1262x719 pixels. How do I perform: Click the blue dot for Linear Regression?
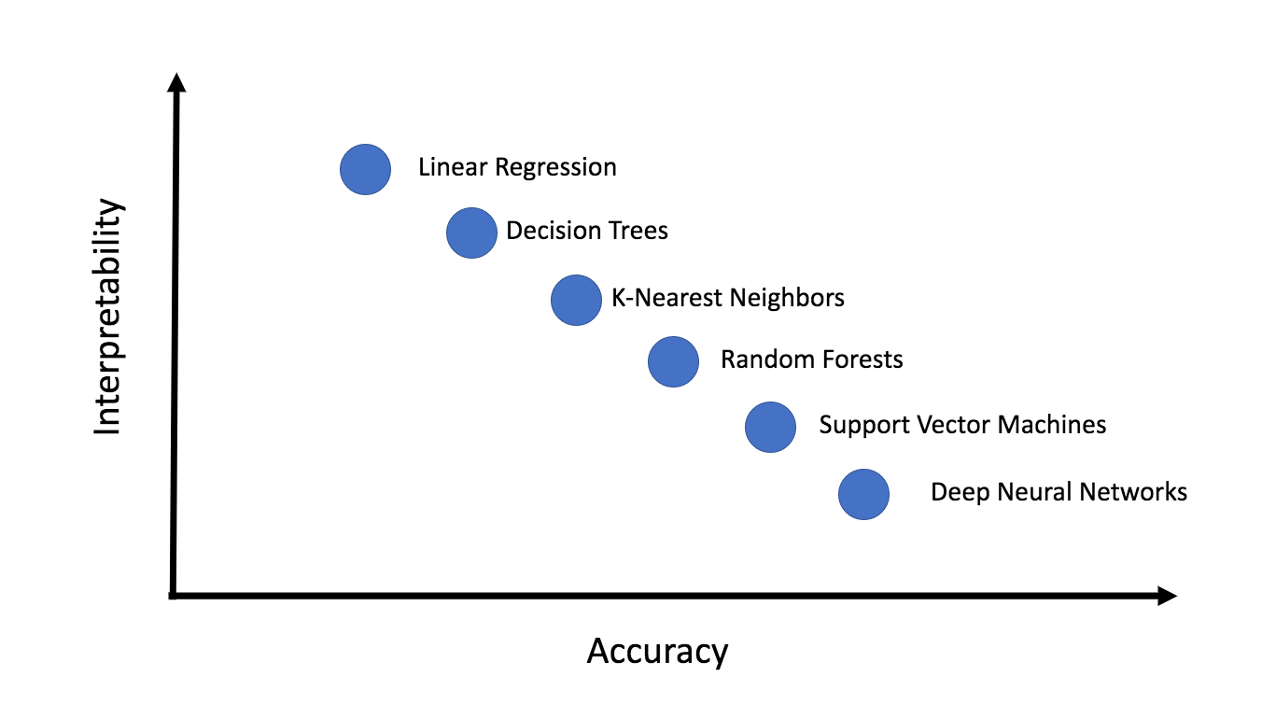pyautogui.click(x=365, y=170)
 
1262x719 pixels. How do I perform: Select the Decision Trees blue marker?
pyautogui.click(x=471, y=233)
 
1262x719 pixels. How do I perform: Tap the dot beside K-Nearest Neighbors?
pyautogui.click(x=576, y=300)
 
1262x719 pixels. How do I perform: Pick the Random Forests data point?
pyautogui.click(x=673, y=361)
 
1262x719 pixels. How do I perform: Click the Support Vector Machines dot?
pyautogui.click(x=770, y=427)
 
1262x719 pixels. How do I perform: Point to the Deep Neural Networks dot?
pyautogui.click(x=863, y=494)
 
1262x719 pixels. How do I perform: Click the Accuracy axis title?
pyautogui.click(x=657, y=651)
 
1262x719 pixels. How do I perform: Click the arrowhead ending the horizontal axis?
pyautogui.click(x=1167, y=596)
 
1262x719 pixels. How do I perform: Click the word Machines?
pyautogui.click(x=1052, y=425)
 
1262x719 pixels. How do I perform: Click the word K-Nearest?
pyautogui.click(x=666, y=298)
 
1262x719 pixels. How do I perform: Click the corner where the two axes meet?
pyautogui.click(x=174, y=595)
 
